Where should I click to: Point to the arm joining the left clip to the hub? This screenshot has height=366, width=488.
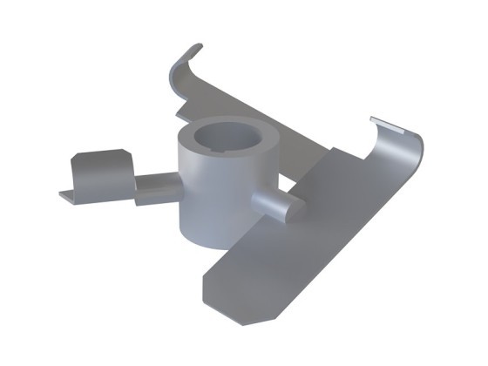click(x=157, y=186)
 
